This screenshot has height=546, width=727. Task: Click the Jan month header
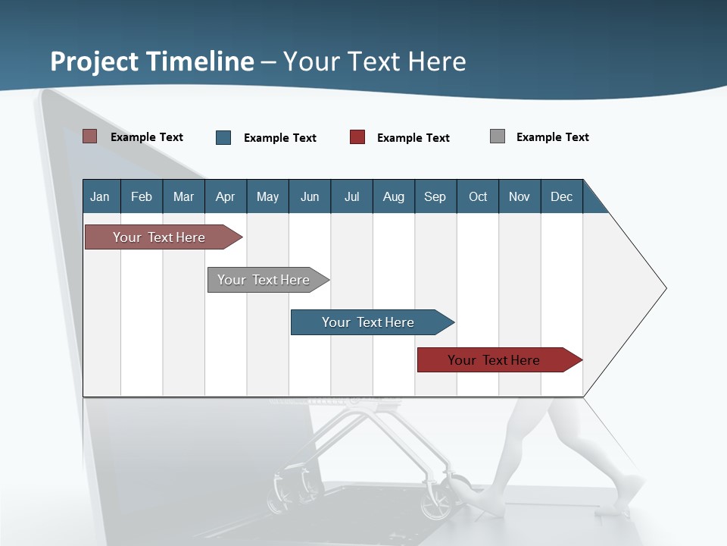point(100,196)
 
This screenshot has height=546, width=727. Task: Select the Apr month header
point(225,196)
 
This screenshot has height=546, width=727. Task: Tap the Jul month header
point(351,196)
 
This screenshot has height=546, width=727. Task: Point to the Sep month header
point(435,196)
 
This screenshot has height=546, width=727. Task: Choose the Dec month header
point(561,196)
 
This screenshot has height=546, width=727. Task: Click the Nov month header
point(519,196)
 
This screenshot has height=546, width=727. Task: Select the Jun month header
point(309,196)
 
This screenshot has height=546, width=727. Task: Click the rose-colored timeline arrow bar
point(159,237)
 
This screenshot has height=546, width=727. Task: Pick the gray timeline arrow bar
point(264,280)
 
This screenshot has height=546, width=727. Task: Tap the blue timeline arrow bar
point(368,322)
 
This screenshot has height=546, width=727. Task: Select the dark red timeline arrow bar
point(494,360)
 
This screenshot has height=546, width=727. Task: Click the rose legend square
point(89,136)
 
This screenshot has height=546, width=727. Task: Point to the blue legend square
point(223,137)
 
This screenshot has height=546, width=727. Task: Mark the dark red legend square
point(357,137)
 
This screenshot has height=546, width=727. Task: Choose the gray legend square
point(498,136)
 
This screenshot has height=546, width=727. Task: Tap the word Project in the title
point(94,61)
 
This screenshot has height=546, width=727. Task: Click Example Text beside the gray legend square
point(552,137)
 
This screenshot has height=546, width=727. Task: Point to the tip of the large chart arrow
point(664,287)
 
